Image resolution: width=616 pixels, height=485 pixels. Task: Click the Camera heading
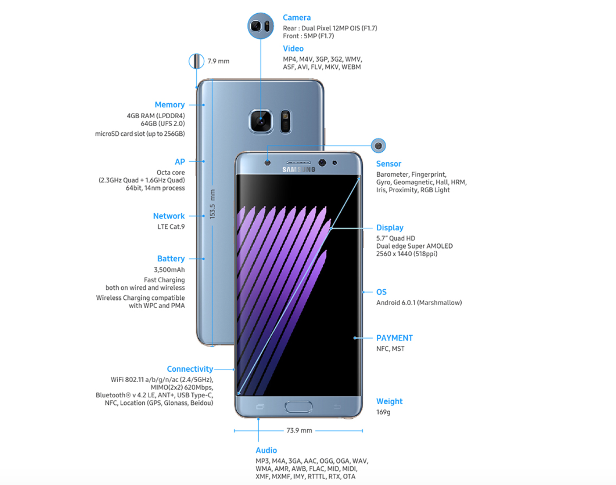[x=297, y=18]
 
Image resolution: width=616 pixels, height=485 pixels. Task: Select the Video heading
[x=293, y=49]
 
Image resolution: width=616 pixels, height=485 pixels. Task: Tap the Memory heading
[x=170, y=105]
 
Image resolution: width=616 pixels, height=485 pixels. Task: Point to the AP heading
[x=180, y=162]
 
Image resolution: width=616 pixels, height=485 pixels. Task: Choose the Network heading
[x=169, y=216]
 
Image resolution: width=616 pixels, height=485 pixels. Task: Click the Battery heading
[x=171, y=259]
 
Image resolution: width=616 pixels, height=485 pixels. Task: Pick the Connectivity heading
[x=190, y=369]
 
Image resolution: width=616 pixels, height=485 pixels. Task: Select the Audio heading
[x=266, y=450]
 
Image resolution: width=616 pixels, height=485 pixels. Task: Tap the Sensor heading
[x=389, y=164]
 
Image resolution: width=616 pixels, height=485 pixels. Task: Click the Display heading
[x=390, y=228]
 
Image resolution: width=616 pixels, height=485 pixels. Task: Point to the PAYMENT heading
[x=394, y=338]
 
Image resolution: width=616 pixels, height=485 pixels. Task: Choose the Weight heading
[x=389, y=401]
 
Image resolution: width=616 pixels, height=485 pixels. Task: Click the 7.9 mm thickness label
[x=219, y=61]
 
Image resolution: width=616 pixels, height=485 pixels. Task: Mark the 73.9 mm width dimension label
[x=299, y=431]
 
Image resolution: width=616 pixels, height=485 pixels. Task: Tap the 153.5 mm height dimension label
[x=212, y=204]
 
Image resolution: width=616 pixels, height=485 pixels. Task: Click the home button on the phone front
[x=298, y=406]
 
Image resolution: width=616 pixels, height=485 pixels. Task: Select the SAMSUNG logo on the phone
[x=299, y=169]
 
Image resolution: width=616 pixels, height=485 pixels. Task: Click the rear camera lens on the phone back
[x=261, y=121]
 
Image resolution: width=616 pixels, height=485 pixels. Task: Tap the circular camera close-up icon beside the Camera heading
[x=260, y=26]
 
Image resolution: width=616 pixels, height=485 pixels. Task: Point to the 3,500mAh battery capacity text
[x=169, y=270]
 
